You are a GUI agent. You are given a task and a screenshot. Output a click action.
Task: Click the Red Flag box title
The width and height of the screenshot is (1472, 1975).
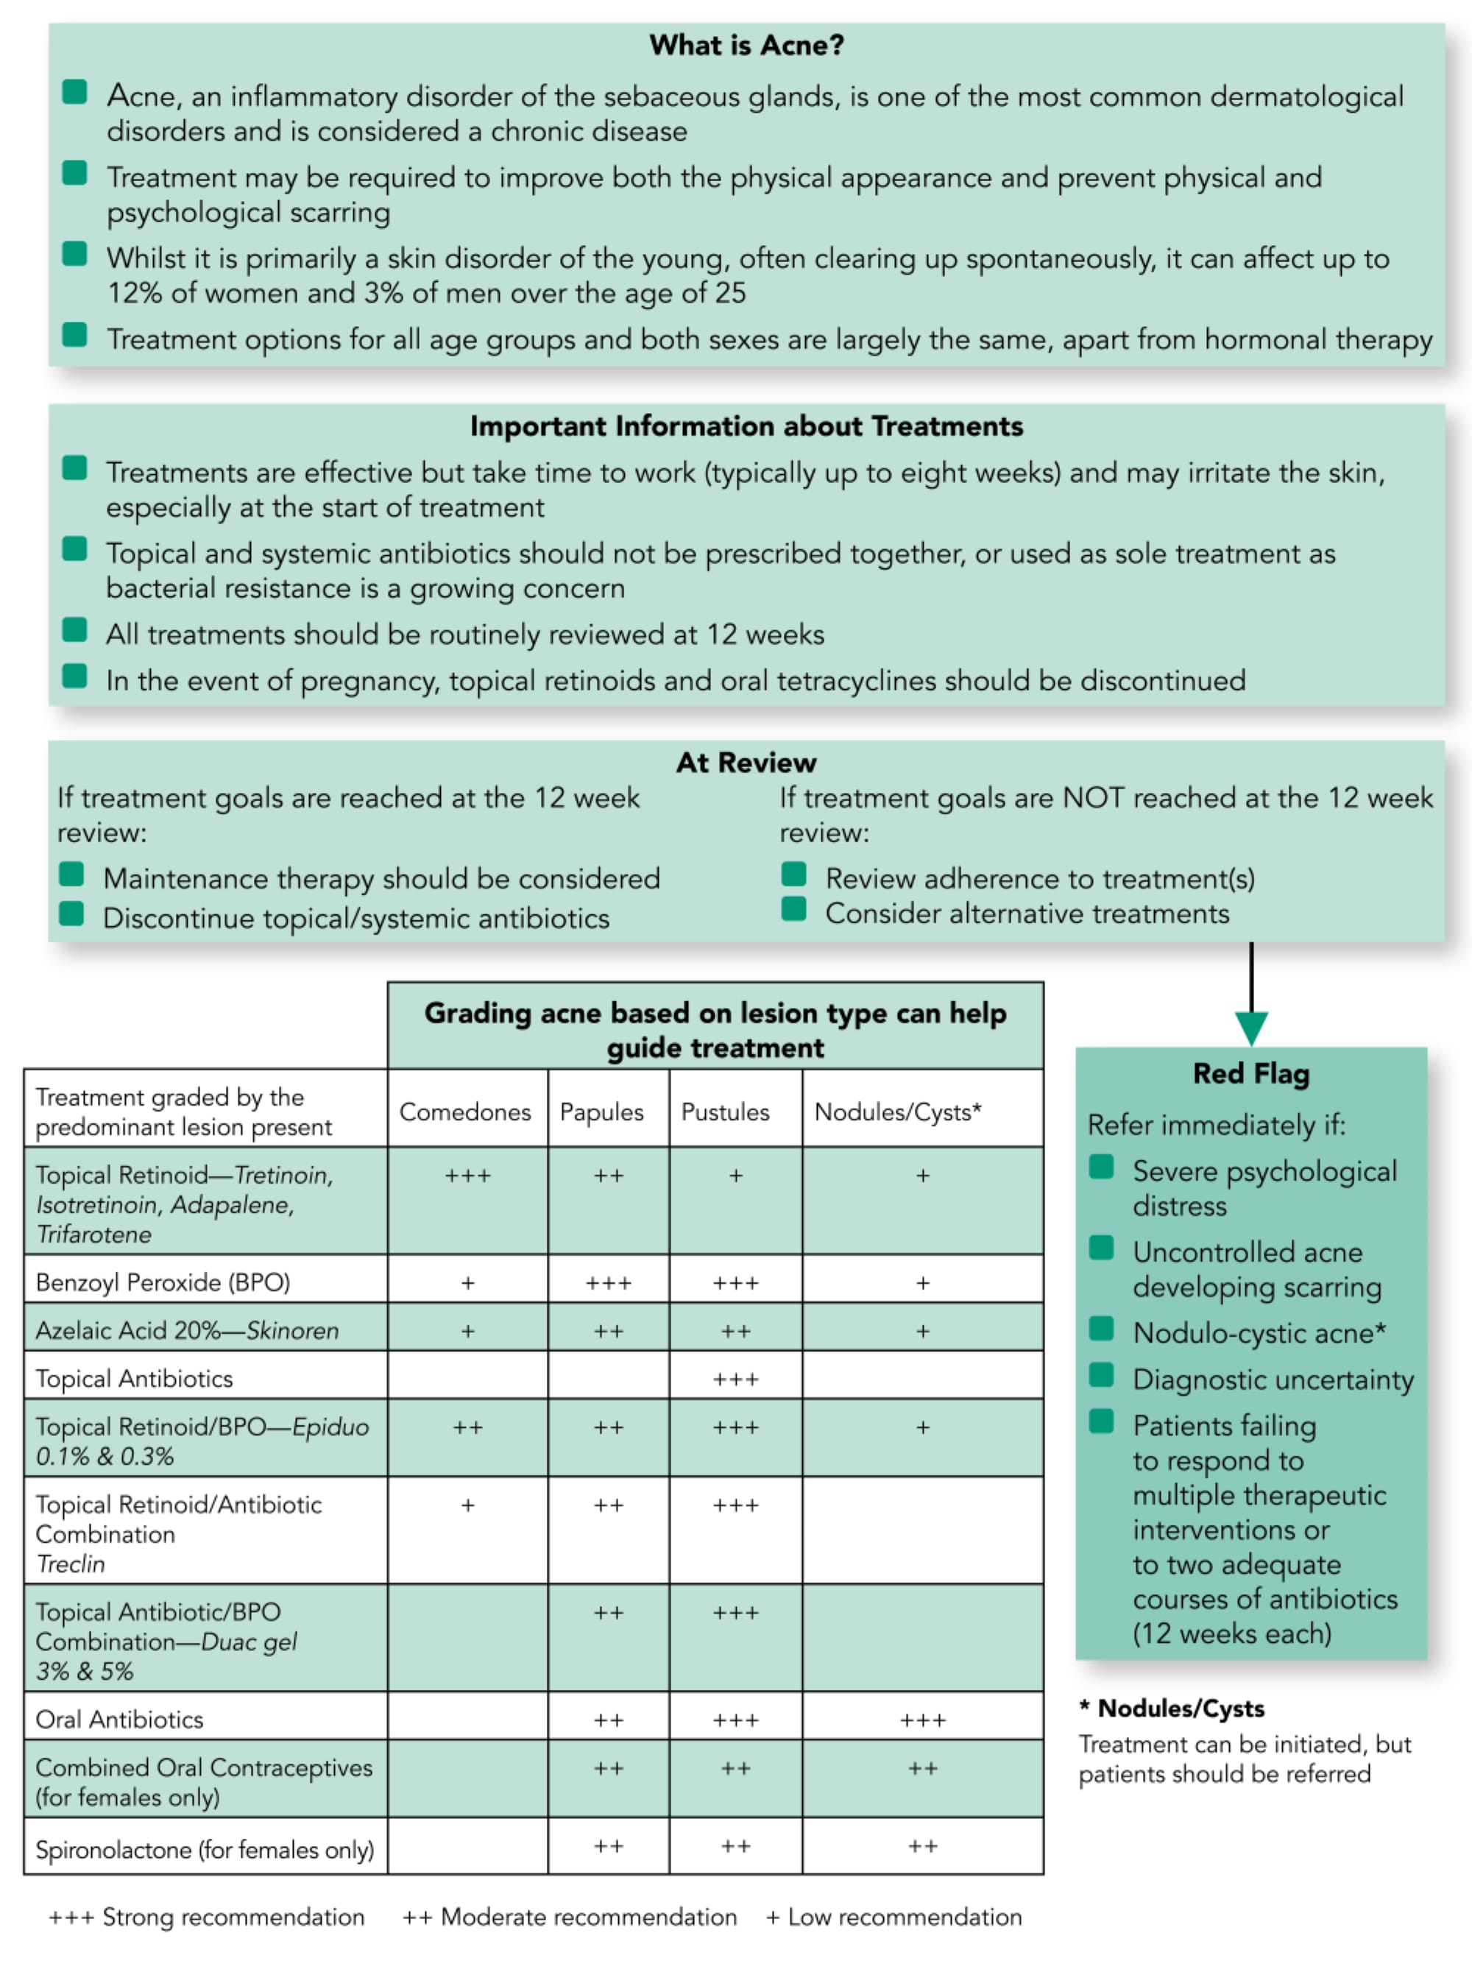click(x=1251, y=1074)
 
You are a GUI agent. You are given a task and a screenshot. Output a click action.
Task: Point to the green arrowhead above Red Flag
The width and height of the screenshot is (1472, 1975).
click(x=1251, y=1028)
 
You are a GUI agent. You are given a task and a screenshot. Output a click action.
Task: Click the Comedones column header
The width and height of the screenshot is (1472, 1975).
click(x=465, y=1112)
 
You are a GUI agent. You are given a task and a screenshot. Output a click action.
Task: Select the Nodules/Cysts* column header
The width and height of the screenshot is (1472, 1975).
click(x=897, y=1112)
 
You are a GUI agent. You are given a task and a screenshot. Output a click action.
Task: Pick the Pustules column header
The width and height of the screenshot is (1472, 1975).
click(x=725, y=1112)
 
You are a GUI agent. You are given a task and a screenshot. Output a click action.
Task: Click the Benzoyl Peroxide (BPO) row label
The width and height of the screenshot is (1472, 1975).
click(x=163, y=1282)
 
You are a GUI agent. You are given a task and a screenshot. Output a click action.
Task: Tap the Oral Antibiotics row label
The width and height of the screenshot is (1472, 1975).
click(x=119, y=1720)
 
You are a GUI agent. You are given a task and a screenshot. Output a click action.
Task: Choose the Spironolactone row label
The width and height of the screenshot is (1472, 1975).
click(x=205, y=1850)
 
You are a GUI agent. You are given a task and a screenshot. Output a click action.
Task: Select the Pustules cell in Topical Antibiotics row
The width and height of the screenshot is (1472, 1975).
click(x=735, y=1379)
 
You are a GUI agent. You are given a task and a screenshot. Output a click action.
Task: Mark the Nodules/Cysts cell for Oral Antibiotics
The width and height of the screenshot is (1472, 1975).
click(x=922, y=1720)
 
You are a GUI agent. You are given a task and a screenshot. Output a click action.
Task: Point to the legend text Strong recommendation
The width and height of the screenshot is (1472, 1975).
click(x=233, y=1917)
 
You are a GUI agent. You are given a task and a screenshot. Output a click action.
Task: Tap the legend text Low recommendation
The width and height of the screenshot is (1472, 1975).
click(x=905, y=1917)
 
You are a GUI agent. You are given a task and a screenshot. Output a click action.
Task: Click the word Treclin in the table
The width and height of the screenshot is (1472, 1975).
click(x=71, y=1564)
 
